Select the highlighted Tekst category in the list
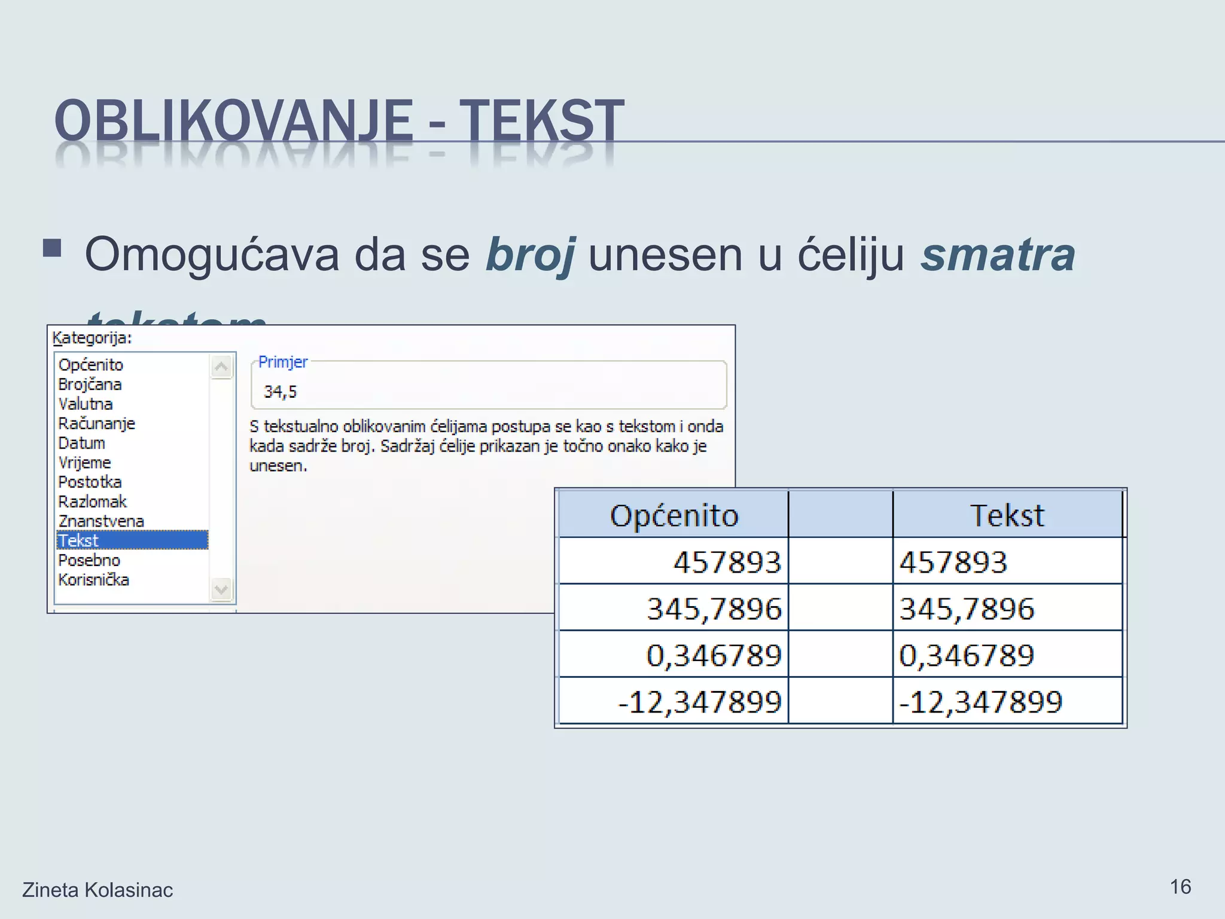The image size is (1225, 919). (x=132, y=540)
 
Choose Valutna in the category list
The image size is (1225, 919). (x=86, y=404)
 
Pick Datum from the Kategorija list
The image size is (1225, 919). (x=82, y=443)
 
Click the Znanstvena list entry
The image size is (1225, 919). (x=101, y=521)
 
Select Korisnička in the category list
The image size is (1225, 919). (x=94, y=580)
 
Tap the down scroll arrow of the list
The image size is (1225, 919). (x=221, y=589)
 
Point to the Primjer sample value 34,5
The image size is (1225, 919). (x=280, y=392)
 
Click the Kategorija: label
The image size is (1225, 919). (x=92, y=338)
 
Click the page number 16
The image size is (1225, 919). (x=1180, y=887)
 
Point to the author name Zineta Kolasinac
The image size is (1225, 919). (x=97, y=890)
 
